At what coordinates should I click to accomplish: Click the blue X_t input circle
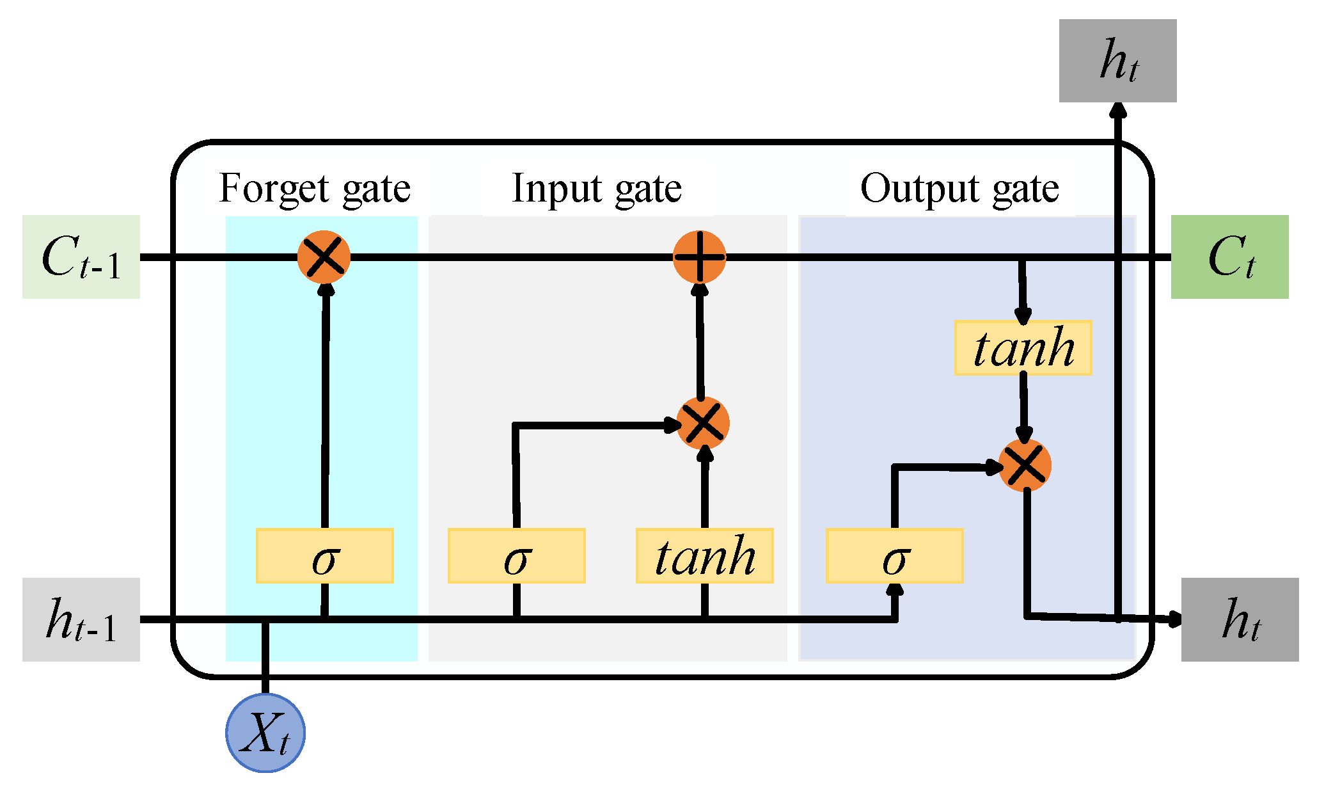tap(265, 733)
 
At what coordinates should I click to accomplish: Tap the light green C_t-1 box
tap(81, 257)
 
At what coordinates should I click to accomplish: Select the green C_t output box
tap(1229, 257)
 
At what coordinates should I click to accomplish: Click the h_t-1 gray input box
tap(81, 619)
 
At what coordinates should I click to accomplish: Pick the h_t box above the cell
tap(1117, 61)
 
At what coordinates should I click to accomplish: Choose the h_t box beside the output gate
tap(1240, 619)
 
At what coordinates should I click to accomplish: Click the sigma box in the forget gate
tap(324, 555)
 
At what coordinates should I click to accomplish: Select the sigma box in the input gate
tap(516, 555)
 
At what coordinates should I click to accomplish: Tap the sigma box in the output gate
tap(894, 555)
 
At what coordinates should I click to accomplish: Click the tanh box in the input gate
tap(704, 555)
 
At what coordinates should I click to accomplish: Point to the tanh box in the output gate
tap(1023, 347)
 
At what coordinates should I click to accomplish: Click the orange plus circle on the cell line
tap(700, 257)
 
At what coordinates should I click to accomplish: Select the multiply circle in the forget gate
tap(324, 257)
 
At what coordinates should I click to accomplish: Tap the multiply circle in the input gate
tap(703, 423)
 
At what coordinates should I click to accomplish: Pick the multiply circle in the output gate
tap(1025, 466)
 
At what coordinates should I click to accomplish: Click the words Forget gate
tap(314, 189)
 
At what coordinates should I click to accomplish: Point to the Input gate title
tap(596, 189)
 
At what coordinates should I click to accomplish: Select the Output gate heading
tap(959, 189)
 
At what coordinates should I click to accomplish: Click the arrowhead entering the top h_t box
tap(1117, 109)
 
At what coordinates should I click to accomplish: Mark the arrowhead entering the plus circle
tap(700, 289)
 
